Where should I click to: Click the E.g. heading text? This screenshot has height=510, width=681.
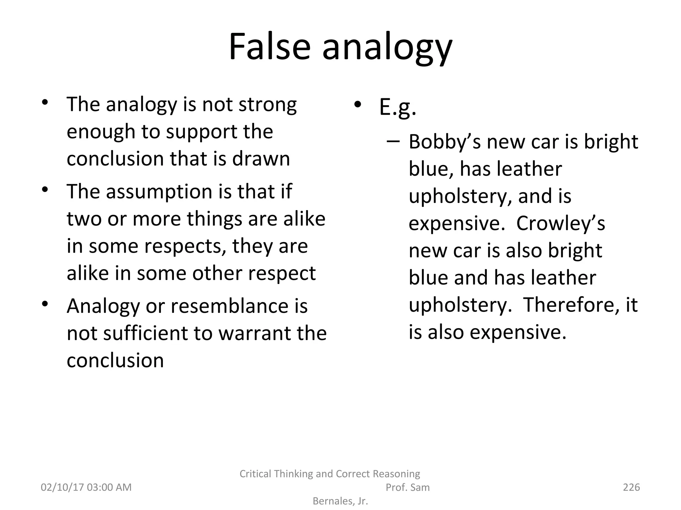pyautogui.click(x=397, y=107)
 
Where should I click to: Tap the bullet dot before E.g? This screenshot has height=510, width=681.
pyautogui.click(x=357, y=104)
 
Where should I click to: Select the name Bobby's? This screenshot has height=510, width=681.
pyautogui.click(x=445, y=142)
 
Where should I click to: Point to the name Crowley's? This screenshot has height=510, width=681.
pyautogui.click(x=561, y=223)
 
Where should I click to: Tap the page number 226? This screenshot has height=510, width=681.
pyautogui.click(x=631, y=487)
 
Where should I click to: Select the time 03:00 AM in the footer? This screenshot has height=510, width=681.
pyautogui.click(x=109, y=487)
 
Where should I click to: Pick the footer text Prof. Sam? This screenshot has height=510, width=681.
pyautogui.click(x=407, y=487)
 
